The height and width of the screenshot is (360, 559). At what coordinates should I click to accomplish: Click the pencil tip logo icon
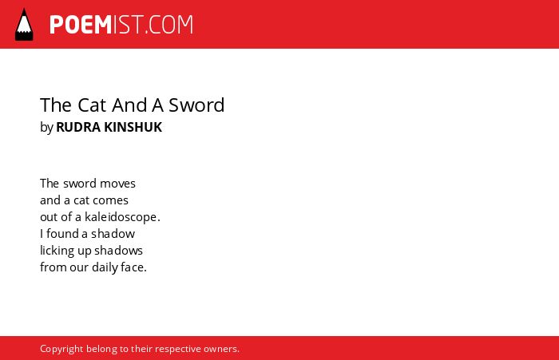(24, 25)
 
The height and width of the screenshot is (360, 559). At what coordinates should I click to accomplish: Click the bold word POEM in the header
(81, 25)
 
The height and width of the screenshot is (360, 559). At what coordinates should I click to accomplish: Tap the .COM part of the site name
(169, 25)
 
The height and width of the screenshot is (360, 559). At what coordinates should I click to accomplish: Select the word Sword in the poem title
(196, 105)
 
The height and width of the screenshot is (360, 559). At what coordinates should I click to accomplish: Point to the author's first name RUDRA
(78, 127)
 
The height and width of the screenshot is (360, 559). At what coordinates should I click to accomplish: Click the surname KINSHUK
(133, 127)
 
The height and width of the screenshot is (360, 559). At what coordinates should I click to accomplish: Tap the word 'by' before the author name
(46, 128)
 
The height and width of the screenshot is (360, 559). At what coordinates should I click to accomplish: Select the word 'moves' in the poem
(117, 184)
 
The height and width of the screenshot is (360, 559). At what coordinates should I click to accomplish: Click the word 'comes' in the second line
(111, 200)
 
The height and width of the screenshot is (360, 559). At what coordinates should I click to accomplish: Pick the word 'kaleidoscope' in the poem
(121, 217)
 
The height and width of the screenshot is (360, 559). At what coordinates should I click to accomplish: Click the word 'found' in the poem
(62, 234)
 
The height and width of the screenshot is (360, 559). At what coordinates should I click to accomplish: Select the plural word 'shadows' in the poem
(118, 251)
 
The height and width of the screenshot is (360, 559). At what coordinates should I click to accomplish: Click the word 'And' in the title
(129, 105)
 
